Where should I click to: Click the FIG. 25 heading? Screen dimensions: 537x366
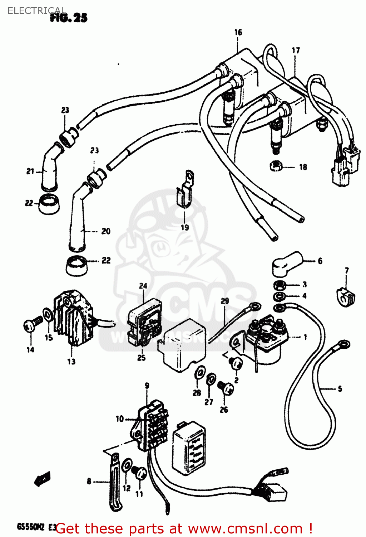pyautogui.click(x=69, y=18)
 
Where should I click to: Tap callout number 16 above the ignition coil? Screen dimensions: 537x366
pyautogui.click(x=238, y=33)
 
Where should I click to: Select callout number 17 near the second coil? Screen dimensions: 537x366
pyautogui.click(x=296, y=50)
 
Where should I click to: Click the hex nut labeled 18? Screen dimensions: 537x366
pyautogui.click(x=276, y=166)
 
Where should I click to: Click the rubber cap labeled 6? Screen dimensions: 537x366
pyautogui.click(x=287, y=263)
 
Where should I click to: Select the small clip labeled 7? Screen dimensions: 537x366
pyautogui.click(x=346, y=296)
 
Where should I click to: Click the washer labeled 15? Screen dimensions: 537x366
pyautogui.click(x=47, y=314)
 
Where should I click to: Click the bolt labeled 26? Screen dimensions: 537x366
pyautogui.click(x=226, y=387)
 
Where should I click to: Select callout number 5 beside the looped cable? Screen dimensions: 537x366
pyautogui.click(x=340, y=388)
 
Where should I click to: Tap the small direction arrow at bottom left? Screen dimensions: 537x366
pyautogui.click(x=42, y=479)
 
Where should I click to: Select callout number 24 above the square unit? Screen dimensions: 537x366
pyautogui.click(x=143, y=286)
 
